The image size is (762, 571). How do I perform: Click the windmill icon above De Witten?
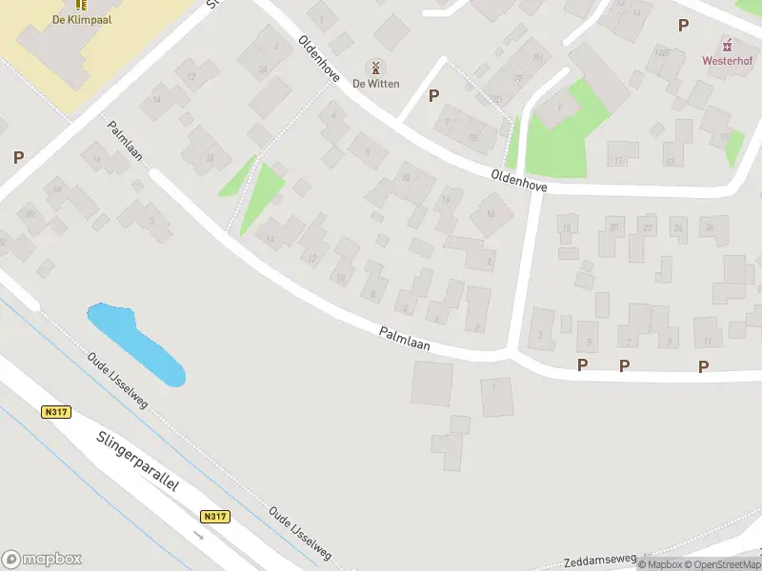tap(375, 68)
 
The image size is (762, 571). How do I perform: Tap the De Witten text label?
tap(375, 84)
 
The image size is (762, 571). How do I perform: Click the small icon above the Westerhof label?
tap(728, 45)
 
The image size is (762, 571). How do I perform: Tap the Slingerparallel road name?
tap(137, 462)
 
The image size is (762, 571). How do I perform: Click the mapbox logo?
tap(42, 559)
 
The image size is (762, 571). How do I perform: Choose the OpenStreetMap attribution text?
tap(722, 565)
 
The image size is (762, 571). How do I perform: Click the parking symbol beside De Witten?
tap(434, 95)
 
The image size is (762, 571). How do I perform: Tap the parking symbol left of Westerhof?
tap(683, 26)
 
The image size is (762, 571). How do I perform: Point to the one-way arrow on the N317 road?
tap(199, 535)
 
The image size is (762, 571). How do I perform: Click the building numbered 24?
tap(678, 228)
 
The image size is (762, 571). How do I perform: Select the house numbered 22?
tap(647, 228)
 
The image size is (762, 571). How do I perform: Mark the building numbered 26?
tap(710, 228)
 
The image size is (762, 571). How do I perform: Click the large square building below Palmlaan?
tap(432, 384)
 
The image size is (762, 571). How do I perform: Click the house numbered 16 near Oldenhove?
tap(491, 214)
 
